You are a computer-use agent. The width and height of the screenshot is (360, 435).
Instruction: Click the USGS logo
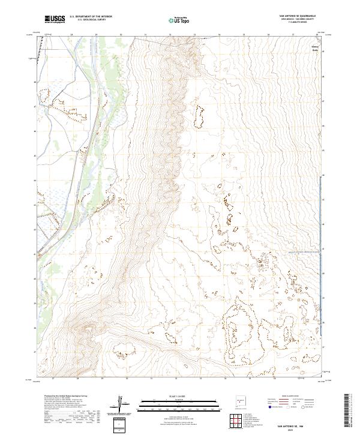click(55, 19)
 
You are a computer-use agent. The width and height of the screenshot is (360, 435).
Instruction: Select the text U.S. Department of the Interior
click(91, 17)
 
